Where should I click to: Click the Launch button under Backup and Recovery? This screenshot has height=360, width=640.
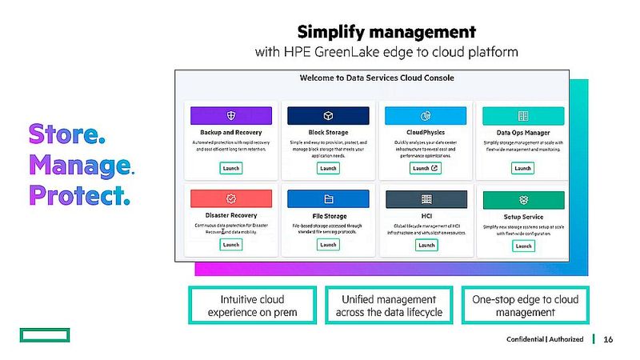tap(230, 168)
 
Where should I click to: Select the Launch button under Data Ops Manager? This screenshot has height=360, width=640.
tap(523, 168)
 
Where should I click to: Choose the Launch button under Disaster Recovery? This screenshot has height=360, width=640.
tap(230, 244)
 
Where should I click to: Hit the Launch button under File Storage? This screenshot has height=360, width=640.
tap(328, 244)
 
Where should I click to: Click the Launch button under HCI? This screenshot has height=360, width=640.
tap(426, 244)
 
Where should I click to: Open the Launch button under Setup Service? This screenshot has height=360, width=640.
tap(523, 246)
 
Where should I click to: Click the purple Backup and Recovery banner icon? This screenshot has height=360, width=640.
tap(230, 115)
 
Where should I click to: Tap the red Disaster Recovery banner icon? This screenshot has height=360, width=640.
tap(230, 198)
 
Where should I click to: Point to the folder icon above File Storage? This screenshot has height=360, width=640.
tap(328, 198)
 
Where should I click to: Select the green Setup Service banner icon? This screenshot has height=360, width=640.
tap(523, 199)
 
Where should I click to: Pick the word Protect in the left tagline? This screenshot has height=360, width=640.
tap(78, 194)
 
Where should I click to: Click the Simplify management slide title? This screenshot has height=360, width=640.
tap(386, 32)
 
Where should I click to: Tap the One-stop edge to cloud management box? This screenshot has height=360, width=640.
tap(525, 305)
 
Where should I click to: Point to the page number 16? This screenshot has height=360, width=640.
tap(608, 339)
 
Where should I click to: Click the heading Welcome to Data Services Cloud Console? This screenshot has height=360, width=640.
tap(377, 78)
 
